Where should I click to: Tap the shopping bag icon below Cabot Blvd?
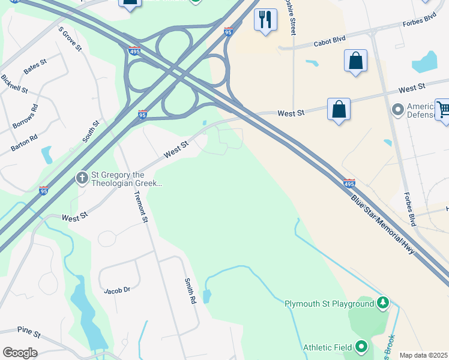pos(355,61)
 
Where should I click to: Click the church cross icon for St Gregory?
pos(82,178)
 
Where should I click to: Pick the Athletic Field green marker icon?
pos(361,347)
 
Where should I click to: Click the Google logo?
pos(20,353)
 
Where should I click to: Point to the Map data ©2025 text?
pos(423,355)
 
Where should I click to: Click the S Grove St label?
pos(70,38)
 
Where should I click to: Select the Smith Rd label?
pos(190,290)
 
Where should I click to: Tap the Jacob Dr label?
pos(116,290)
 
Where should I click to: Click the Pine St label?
pos(29,332)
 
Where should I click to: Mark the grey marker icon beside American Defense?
pos(397,110)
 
